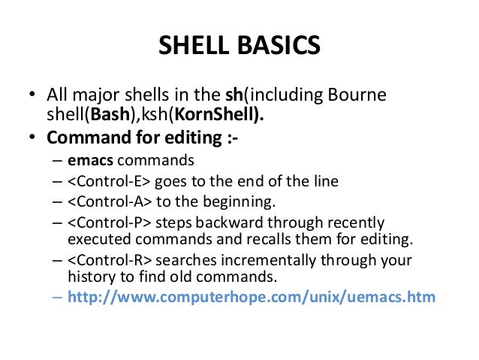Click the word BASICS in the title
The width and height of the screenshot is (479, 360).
click(279, 47)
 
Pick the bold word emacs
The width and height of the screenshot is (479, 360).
click(88, 160)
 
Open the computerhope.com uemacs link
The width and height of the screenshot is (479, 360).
click(252, 297)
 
